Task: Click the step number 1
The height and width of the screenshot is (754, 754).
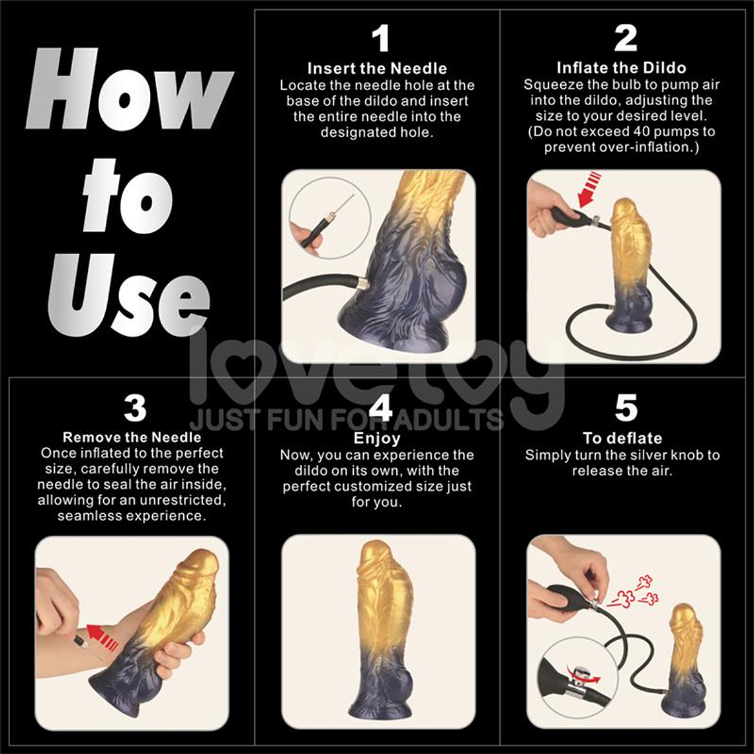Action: pyautogui.click(x=380, y=39)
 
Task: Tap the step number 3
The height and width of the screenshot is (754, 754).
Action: pyautogui.click(x=135, y=408)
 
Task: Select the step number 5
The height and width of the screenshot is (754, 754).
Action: pyautogui.click(x=626, y=408)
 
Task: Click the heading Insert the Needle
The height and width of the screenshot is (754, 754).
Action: pyautogui.click(x=377, y=68)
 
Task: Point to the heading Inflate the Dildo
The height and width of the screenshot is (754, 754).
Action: pyautogui.click(x=622, y=67)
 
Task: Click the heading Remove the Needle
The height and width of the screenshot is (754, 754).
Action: pyautogui.click(x=132, y=437)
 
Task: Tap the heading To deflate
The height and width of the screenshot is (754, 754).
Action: pyautogui.click(x=622, y=438)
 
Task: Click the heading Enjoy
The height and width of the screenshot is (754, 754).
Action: pyautogui.click(x=377, y=438)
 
